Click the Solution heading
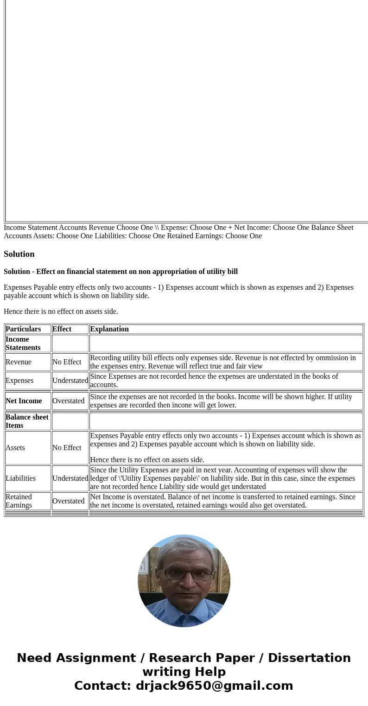[x=19, y=254]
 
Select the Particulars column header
[x=23, y=329]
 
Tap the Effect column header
[x=62, y=329]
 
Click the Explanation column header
[x=109, y=329]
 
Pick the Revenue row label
[x=19, y=362]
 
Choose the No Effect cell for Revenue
[x=67, y=362]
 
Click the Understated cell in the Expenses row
[x=70, y=381]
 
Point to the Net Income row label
[x=24, y=401]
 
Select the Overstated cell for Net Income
[x=69, y=401]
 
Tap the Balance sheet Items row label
[x=27, y=421]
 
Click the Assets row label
[x=15, y=448]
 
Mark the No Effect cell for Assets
[x=67, y=448]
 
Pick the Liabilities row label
[x=20, y=478]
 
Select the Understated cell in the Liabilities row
[x=70, y=478]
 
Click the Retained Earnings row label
[x=19, y=501]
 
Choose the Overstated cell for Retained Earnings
[x=69, y=501]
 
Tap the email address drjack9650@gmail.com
[x=214, y=686]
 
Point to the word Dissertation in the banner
[x=309, y=658]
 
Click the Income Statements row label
[x=23, y=343]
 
